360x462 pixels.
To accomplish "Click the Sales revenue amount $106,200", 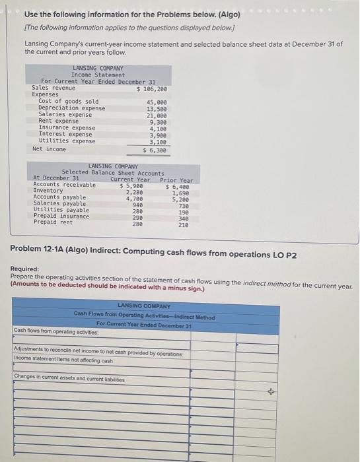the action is tap(151, 88).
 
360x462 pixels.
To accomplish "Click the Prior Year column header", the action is tap(177, 180).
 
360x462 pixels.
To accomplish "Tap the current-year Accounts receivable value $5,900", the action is tap(131, 185).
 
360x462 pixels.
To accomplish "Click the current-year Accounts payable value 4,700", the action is tap(133, 197).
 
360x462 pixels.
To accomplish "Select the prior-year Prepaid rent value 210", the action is tap(183, 224).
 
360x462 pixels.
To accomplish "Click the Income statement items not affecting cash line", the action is tap(63, 360).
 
